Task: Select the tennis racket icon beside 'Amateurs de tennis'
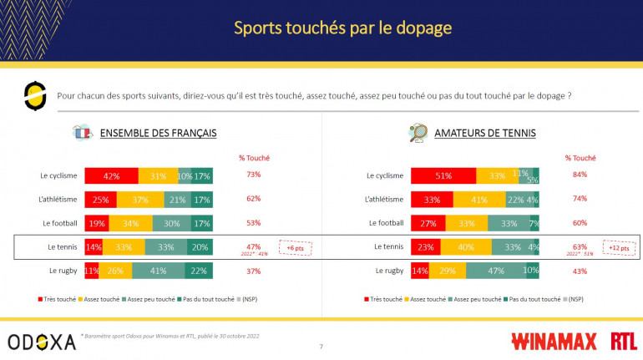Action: pos(417,132)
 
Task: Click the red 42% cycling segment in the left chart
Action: pos(110,175)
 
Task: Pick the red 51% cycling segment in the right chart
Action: pos(443,175)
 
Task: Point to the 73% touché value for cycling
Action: pos(254,175)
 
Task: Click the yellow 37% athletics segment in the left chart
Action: pos(140,199)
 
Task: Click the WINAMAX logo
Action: pos(547,341)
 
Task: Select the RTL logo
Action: pos(622,341)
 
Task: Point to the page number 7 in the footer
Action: pos(321,346)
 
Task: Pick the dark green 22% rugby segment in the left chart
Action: pos(197,271)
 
